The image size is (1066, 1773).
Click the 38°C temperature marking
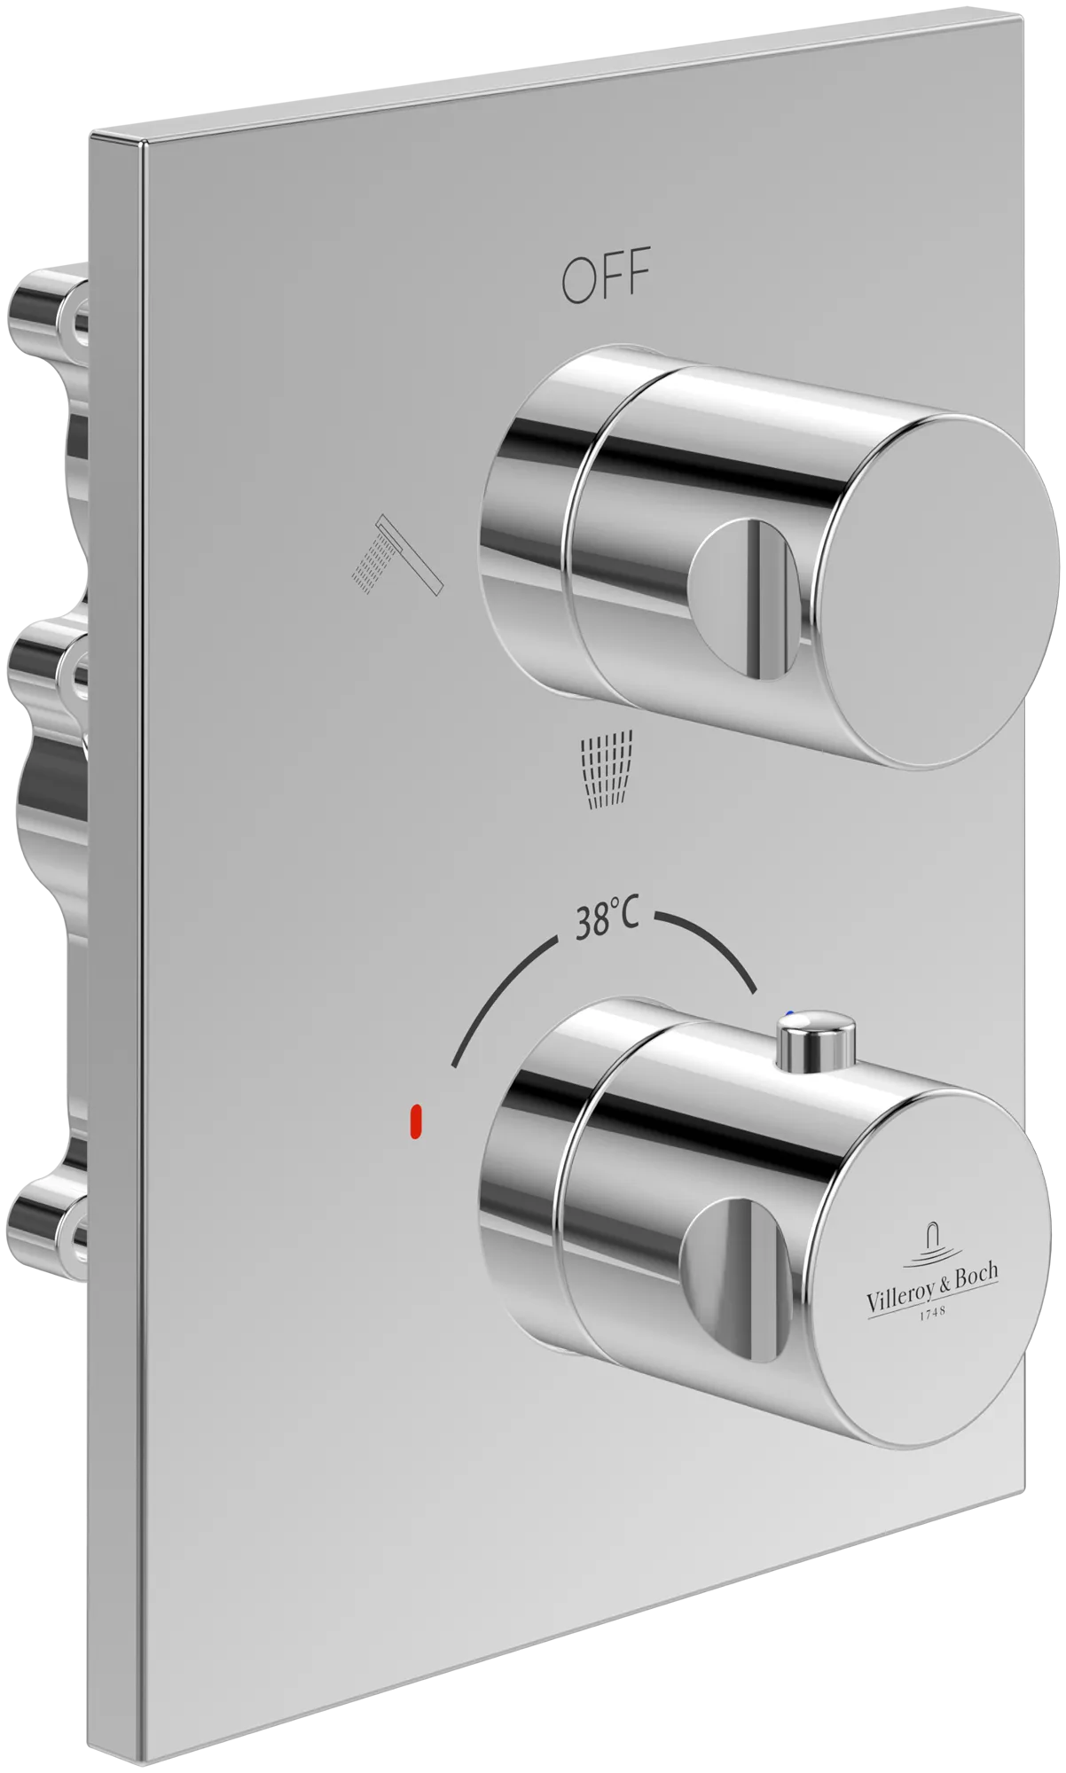(x=607, y=923)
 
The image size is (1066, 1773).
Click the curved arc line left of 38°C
(x=497, y=993)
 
